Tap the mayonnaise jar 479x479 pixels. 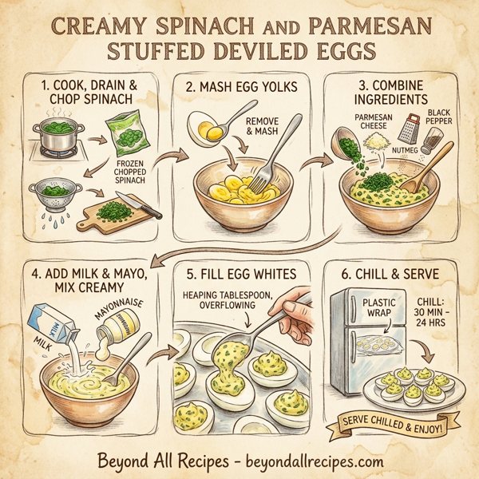pos(121,324)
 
